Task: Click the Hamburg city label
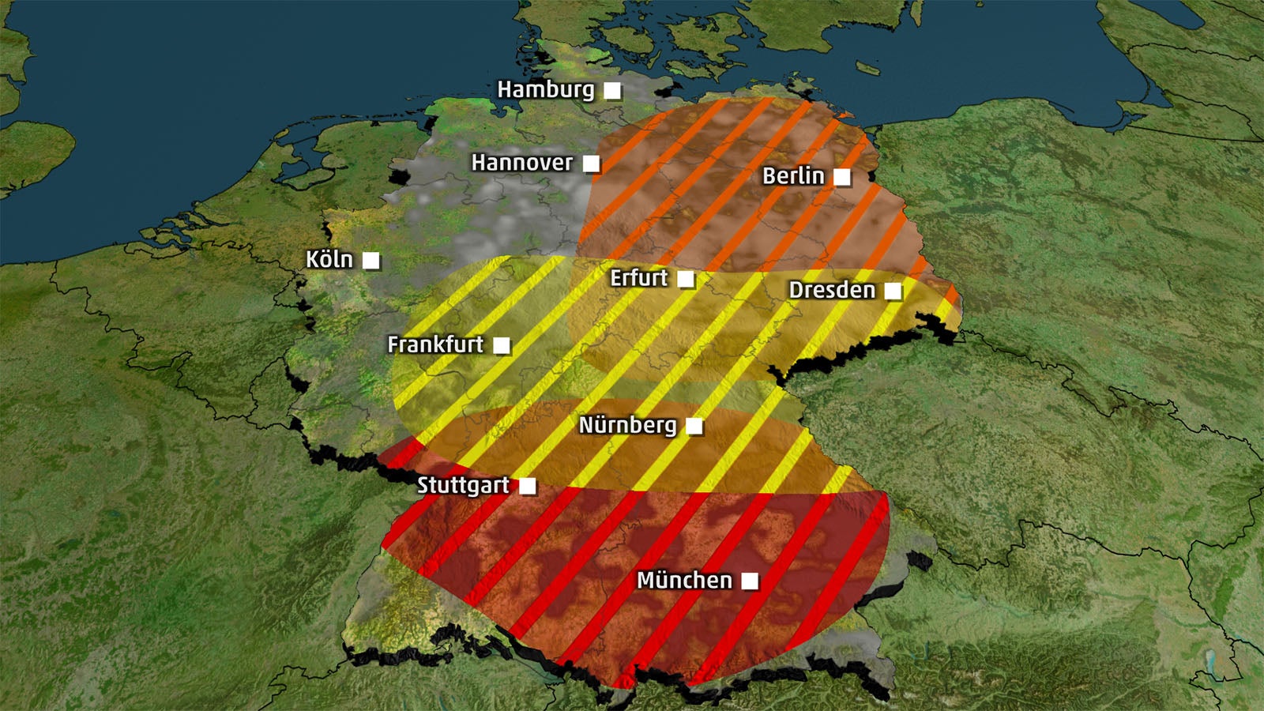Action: click(545, 90)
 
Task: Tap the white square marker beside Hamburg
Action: click(612, 91)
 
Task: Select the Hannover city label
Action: click(521, 163)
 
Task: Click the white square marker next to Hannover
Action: click(591, 164)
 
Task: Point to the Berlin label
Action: click(792, 176)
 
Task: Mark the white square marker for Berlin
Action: click(842, 177)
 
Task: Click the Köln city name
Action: click(329, 259)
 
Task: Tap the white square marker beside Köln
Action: click(371, 260)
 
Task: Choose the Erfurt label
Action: click(638, 278)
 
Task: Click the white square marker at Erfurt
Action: click(686, 279)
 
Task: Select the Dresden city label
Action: click(832, 290)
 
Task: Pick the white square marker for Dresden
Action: click(893, 291)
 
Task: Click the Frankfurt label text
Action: click(435, 344)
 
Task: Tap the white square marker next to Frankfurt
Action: click(502, 345)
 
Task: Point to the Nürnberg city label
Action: click(627, 426)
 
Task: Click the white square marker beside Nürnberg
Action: click(694, 427)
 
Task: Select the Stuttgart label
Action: click(463, 485)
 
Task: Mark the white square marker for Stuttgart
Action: click(527, 486)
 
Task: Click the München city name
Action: click(684, 581)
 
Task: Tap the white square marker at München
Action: click(750, 581)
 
